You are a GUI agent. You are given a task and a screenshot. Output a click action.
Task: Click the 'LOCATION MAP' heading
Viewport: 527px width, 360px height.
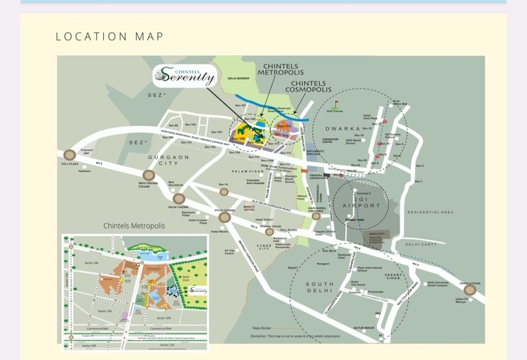click(110, 37)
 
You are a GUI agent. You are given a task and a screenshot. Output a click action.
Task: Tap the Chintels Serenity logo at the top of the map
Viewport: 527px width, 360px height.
click(185, 75)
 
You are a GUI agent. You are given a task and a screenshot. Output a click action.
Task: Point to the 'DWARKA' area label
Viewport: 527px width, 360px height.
click(343, 129)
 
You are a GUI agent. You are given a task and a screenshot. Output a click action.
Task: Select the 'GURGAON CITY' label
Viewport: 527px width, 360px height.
click(168, 161)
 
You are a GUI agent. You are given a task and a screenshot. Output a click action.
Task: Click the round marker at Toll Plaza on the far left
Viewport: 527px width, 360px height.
click(69, 155)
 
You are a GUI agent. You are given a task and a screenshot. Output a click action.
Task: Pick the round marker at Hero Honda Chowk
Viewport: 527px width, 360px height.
click(149, 175)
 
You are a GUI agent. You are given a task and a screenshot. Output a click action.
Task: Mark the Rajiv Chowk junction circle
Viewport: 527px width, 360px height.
click(179, 199)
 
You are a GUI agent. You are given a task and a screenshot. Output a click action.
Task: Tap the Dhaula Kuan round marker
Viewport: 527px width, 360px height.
click(469, 289)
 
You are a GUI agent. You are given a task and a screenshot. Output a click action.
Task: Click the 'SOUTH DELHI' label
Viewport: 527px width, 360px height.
click(319, 288)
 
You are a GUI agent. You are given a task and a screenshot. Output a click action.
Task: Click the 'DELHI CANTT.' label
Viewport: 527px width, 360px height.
click(422, 244)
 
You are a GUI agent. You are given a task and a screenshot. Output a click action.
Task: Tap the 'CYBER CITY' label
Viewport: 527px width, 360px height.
click(264, 245)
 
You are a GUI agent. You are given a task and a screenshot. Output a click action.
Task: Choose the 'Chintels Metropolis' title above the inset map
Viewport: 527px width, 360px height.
click(134, 226)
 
